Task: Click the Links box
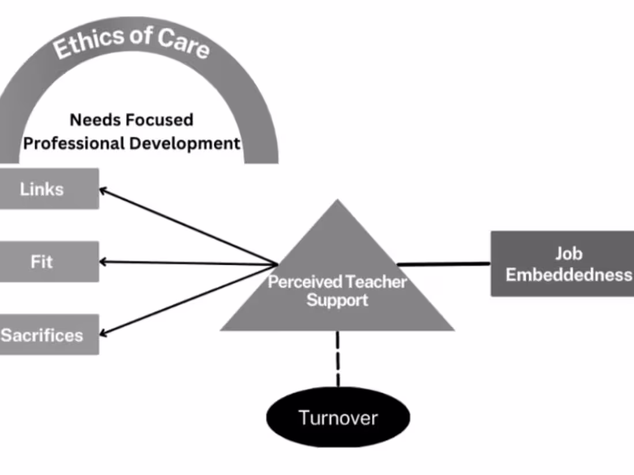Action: click(49, 189)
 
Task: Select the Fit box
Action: click(49, 262)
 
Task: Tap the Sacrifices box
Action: click(49, 335)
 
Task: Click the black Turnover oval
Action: click(338, 417)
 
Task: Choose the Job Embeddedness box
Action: click(562, 264)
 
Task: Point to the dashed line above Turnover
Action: click(338, 359)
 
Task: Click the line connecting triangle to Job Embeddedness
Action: click(444, 264)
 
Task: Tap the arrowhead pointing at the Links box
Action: click(104, 190)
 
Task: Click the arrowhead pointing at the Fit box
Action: click(104, 262)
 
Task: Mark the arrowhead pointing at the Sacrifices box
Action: click(104, 333)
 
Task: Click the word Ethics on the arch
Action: click(86, 41)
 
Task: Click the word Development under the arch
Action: click(184, 143)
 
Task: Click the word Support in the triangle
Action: click(337, 300)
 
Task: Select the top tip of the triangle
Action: click(337, 202)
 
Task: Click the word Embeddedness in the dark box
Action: click(568, 275)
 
